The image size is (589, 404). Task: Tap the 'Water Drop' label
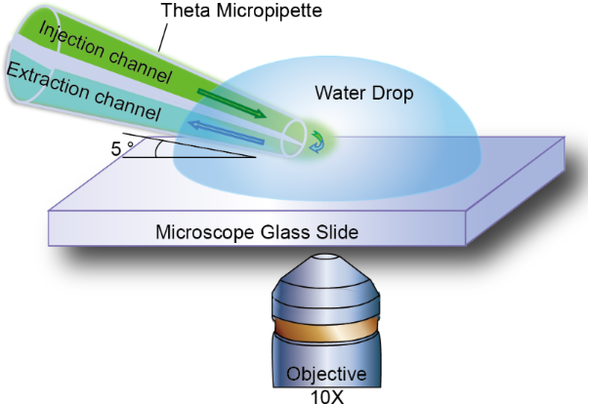363,94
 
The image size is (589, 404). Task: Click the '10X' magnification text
324,395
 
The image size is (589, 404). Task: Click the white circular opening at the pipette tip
294,140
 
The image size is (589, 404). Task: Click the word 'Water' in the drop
339,94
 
